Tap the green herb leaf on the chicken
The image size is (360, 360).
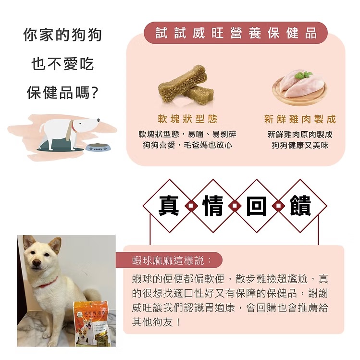pyautogui.click(x=303, y=74)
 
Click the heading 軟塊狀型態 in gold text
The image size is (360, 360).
pyautogui.click(x=187, y=119)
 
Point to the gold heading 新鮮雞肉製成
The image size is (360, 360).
pyautogui.click(x=300, y=119)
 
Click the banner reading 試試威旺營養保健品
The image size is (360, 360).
pyautogui.click(x=236, y=33)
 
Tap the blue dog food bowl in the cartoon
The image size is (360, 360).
pyautogui.click(x=98, y=147)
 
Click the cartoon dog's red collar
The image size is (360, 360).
pyautogui.click(x=74, y=126)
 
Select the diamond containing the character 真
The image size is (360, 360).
pyautogui.click(x=169, y=206)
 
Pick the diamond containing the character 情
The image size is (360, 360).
pyautogui.click(x=213, y=206)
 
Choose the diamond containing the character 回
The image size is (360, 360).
pyautogui.click(x=257, y=206)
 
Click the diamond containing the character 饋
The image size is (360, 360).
pyautogui.click(x=300, y=206)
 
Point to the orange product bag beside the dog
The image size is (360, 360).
pyautogui.click(x=92, y=324)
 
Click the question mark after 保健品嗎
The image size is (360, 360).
pyautogui.click(x=94, y=93)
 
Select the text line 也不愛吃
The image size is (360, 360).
pyautogui.click(x=62, y=64)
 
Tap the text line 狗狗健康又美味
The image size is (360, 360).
pyautogui.click(x=300, y=145)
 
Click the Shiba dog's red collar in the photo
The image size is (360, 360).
pyautogui.click(x=48, y=283)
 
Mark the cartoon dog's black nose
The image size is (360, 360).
pyautogui.click(x=98, y=120)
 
